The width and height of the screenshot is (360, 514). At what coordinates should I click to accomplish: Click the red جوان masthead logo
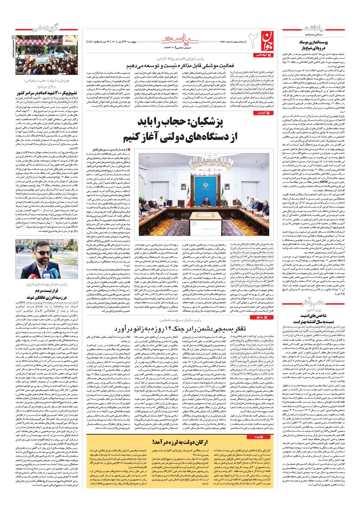click(265, 39)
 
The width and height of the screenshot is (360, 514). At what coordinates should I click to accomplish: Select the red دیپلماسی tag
click(261, 54)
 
